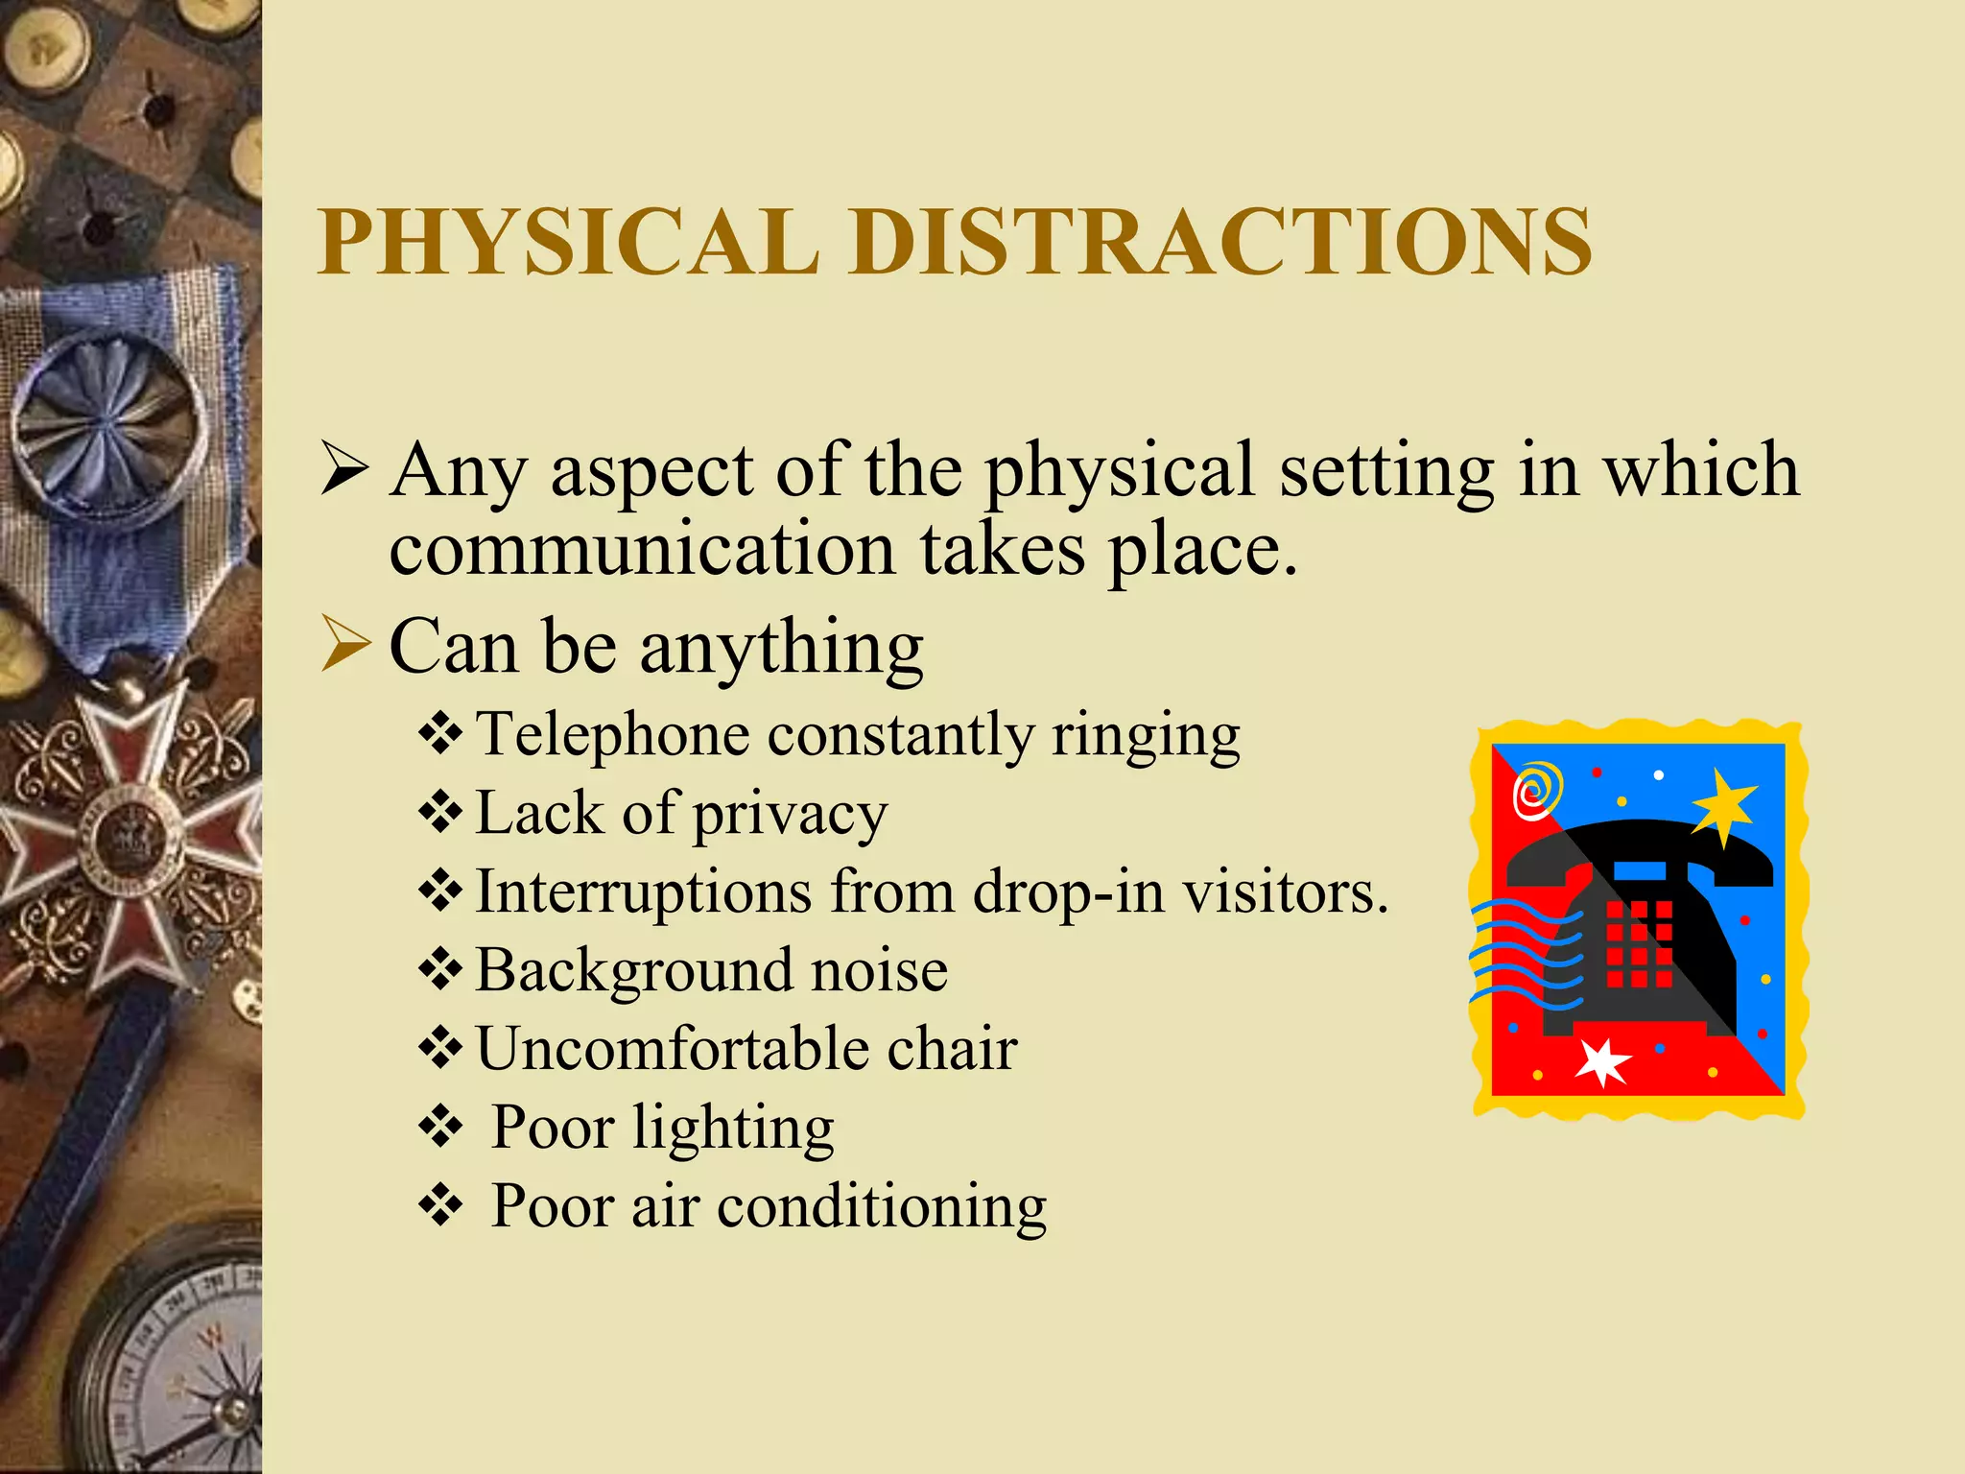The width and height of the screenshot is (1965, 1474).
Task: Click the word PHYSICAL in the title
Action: (x=568, y=242)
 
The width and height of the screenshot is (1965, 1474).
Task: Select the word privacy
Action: (x=790, y=816)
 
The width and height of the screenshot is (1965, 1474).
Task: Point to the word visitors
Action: (x=1285, y=892)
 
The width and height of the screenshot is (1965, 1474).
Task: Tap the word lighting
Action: (x=733, y=1129)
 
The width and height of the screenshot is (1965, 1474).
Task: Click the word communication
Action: (x=642, y=550)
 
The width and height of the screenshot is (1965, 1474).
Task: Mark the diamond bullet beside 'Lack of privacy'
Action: (x=440, y=813)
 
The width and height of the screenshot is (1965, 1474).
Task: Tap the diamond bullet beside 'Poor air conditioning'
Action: (x=440, y=1205)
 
